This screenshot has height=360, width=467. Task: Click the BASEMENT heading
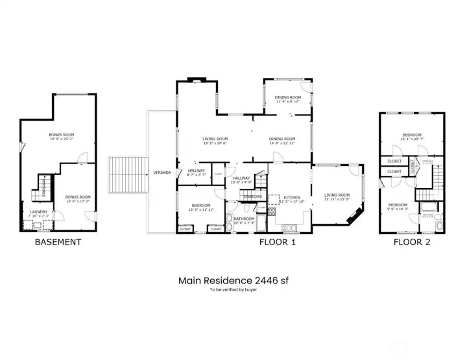(58, 242)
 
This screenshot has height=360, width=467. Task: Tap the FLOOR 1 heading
(278, 242)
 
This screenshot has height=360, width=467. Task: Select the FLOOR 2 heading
(412, 242)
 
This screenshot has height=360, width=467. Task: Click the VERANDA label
(162, 173)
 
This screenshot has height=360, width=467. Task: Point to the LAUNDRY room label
(38, 211)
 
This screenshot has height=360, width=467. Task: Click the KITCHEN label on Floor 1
(291, 197)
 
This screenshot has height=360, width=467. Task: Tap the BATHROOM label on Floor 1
(244, 219)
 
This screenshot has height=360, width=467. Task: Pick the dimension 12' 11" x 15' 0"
(337, 200)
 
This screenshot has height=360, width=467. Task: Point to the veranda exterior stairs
(128, 176)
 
